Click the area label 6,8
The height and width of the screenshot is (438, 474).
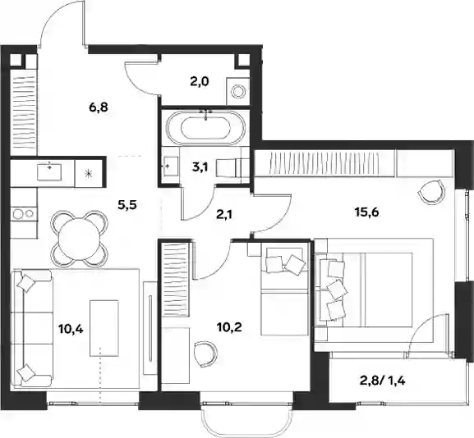coord(99,107)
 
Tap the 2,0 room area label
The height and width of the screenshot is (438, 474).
coord(200,81)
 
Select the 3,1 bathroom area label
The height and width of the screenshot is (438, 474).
coord(200,167)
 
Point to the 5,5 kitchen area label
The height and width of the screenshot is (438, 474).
coord(127,205)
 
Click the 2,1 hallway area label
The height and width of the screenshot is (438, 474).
coord(224,215)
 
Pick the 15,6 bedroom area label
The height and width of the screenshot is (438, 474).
coord(366,212)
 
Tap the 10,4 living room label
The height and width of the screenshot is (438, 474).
coord(71,329)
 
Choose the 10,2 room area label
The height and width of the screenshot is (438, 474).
coord(229,327)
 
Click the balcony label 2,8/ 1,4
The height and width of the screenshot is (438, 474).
coord(382,381)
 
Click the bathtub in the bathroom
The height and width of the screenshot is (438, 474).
coord(205,127)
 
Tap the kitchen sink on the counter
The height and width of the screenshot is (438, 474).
coord(49,171)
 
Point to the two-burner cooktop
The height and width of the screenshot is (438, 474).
coord(24,214)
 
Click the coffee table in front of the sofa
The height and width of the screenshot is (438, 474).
coord(104,328)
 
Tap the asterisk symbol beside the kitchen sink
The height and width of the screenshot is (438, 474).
coord(88,173)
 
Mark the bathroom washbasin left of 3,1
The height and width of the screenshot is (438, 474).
coord(171,166)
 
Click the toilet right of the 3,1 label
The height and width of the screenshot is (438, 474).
coord(232,167)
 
